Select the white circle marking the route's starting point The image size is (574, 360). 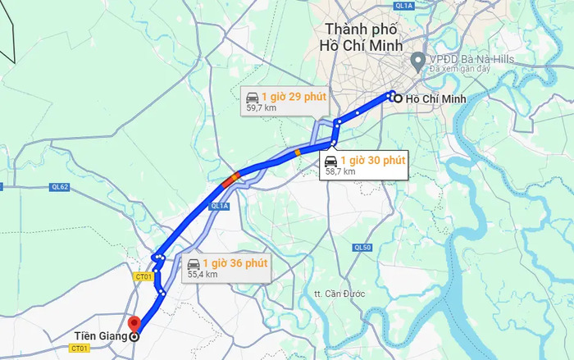398,99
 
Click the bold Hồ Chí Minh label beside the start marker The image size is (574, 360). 435,99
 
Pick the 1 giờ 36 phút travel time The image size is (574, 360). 235,263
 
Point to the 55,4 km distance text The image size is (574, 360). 202,275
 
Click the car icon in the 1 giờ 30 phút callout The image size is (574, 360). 330,160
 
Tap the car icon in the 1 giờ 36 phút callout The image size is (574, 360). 194,263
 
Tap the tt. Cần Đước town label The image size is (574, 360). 339,293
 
